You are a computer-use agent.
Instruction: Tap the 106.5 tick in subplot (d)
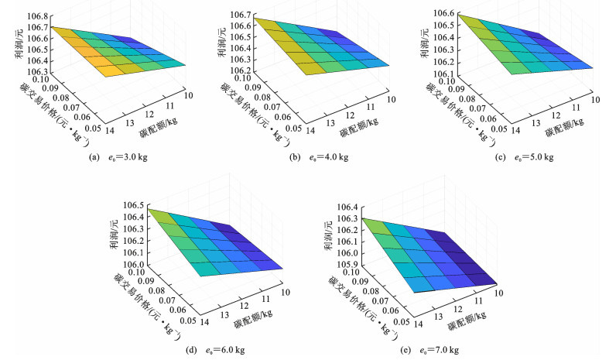coord(133,205)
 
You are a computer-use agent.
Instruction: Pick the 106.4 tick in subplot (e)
coord(343,207)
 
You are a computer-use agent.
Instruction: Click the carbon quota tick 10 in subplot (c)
coord(595,98)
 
